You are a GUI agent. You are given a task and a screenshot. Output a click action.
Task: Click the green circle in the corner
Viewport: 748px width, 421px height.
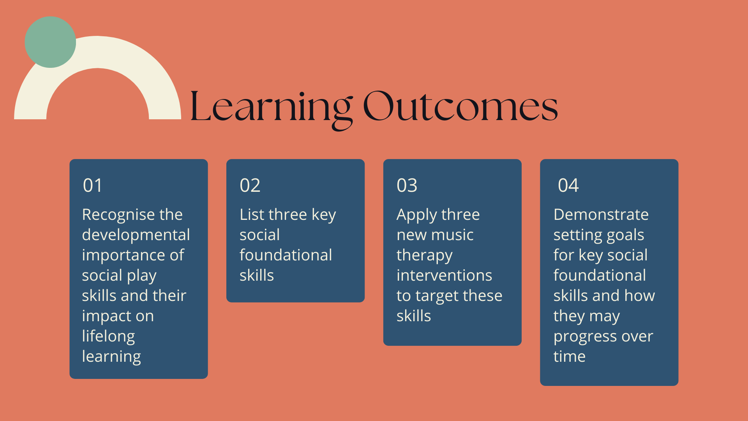click(x=50, y=42)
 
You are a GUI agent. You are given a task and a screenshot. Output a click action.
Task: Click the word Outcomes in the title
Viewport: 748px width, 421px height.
click(x=460, y=106)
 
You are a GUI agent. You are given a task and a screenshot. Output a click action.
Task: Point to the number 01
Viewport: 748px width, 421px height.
click(x=92, y=185)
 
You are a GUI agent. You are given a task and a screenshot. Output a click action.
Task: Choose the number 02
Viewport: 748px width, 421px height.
click(x=250, y=185)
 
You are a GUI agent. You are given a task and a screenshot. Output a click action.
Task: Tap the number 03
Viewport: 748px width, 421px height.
click(x=407, y=185)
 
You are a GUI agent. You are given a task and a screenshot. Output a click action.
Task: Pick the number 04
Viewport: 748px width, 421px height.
click(x=568, y=185)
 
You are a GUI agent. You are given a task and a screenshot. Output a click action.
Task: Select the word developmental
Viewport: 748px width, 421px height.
click(x=136, y=235)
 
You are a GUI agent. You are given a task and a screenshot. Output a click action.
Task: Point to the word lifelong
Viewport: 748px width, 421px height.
click(x=108, y=336)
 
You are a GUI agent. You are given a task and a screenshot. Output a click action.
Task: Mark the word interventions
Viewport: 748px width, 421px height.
click(x=445, y=275)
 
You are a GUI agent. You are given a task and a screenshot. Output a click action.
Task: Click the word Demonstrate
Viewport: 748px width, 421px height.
click(x=601, y=214)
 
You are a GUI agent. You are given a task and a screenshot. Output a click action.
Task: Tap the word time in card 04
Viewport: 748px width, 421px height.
click(x=570, y=356)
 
